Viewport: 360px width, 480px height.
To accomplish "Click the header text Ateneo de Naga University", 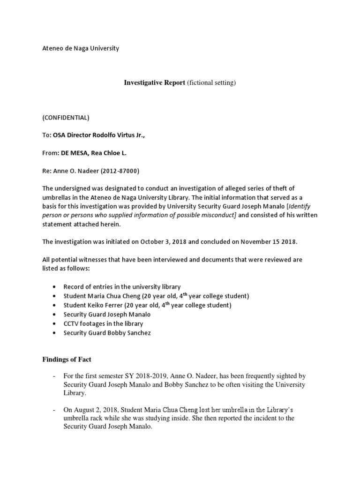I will [81, 48].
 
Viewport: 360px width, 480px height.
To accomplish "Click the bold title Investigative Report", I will [154, 83].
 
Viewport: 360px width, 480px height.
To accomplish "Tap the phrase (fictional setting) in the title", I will [211, 83].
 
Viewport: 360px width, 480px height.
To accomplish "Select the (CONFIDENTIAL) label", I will [66, 118].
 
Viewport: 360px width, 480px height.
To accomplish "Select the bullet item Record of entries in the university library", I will [122, 286].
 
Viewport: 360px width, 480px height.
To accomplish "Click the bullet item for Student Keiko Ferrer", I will [147, 305].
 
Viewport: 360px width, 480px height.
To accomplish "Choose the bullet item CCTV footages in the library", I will [103, 323].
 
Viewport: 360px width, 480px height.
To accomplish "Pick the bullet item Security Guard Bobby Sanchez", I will [107, 333].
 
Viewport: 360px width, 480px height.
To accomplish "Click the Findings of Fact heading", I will [67, 360].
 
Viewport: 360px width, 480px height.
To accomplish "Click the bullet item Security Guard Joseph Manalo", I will [107, 315].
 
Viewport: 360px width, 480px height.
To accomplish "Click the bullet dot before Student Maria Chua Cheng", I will [55, 296].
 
